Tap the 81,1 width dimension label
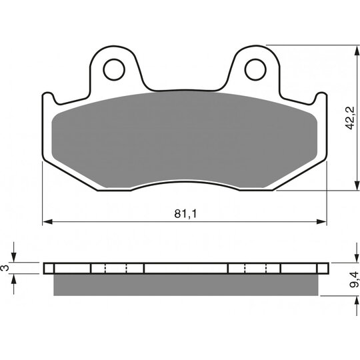(185, 214)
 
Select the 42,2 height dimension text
(350, 119)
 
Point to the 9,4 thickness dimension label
(353, 279)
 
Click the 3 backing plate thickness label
(5, 268)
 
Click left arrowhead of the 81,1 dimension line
(47, 221)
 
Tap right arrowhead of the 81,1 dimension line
(321, 221)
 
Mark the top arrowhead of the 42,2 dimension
(357, 50)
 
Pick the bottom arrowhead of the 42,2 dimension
(357, 185)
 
